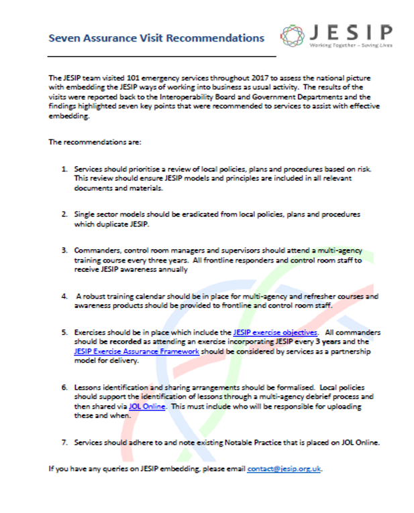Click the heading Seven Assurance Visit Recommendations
pyautogui.click(x=156, y=38)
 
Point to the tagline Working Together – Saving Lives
pyautogui.click(x=350, y=46)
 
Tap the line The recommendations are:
pyautogui.click(x=85, y=142)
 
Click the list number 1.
pyautogui.click(x=64, y=169)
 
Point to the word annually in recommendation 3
pyautogui.click(x=168, y=269)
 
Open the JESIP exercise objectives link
pyautogui.click(x=276, y=332)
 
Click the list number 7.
pyautogui.click(x=64, y=442)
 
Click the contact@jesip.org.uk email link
pyautogui.click(x=284, y=469)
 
